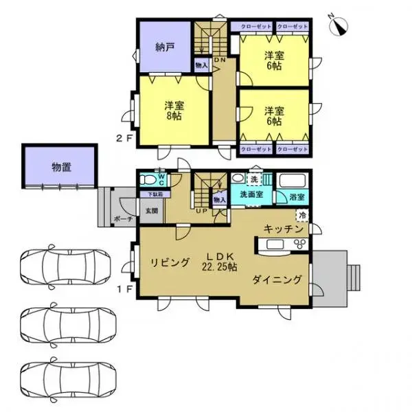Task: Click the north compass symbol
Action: coord(340,24)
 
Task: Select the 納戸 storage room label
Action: coord(164,47)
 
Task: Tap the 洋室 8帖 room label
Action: coord(173,111)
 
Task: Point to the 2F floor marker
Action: coord(124,137)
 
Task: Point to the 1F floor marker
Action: coord(124,290)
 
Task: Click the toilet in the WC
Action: coord(147,181)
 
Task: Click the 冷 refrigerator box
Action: coord(303,214)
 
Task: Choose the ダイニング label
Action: coord(277,279)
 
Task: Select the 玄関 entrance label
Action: coord(151,211)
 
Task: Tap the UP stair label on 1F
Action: coord(203,211)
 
